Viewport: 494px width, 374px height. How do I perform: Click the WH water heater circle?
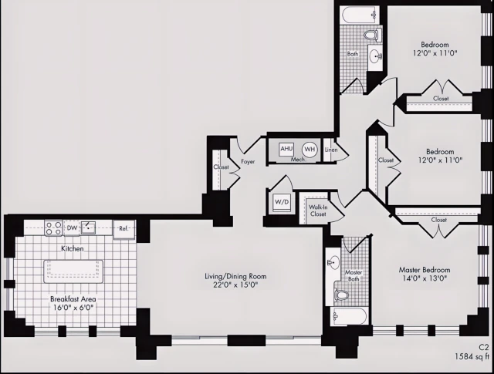pyautogui.click(x=310, y=149)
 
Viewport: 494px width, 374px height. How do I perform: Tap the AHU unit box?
pyautogui.click(x=286, y=149)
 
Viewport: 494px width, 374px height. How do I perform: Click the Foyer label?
pyautogui.click(x=248, y=162)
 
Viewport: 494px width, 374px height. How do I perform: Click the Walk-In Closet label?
pyautogui.click(x=318, y=210)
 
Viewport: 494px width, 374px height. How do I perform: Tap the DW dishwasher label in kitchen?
pyautogui.click(x=71, y=227)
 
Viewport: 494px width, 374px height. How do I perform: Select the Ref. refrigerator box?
pyautogui.click(x=123, y=227)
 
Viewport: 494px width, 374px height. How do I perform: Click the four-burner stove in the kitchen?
pyautogui.click(x=53, y=227)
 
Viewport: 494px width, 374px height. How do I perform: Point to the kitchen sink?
pyautogui.click(x=90, y=227)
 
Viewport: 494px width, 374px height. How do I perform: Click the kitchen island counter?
pyautogui.click(x=73, y=269)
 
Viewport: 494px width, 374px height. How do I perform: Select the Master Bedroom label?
pyautogui.click(x=424, y=270)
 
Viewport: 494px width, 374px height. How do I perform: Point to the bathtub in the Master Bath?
pyautogui.click(x=349, y=317)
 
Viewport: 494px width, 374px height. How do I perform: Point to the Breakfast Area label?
pyautogui.click(x=73, y=299)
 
